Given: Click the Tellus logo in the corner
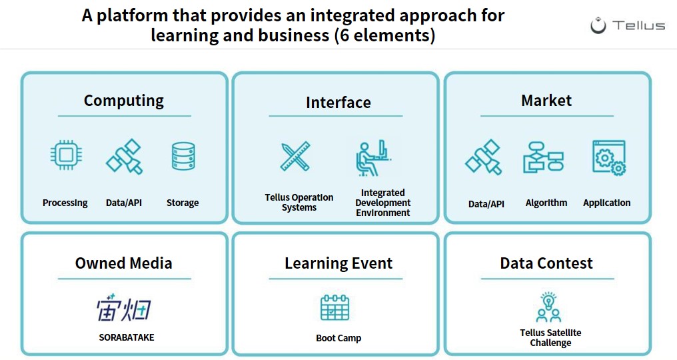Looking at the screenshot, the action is [627, 25].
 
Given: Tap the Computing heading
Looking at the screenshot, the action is [124, 101].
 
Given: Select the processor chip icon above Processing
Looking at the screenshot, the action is [66, 155].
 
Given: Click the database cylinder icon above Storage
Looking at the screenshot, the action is [183, 156].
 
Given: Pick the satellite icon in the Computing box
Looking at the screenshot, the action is [124, 156].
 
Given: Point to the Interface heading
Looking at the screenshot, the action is [338, 103].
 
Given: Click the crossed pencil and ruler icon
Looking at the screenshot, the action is [295, 156].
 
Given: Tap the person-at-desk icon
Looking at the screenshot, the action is [373, 158].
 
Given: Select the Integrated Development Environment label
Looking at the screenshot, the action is [382, 202].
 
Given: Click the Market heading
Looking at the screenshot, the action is [546, 100].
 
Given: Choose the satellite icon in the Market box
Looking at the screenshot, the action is [484, 157].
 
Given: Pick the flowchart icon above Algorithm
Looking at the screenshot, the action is [543, 157].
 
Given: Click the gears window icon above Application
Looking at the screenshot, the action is [609, 157].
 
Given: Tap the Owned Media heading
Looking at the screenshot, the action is [123, 263].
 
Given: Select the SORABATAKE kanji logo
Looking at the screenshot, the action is [123, 308].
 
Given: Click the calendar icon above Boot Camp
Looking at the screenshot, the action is [335, 307].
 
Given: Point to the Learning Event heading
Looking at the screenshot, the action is [338, 263].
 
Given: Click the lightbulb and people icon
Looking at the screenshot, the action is [548, 307].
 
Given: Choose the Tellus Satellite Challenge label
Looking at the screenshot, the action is [550, 337].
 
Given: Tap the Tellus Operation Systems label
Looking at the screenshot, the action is [299, 202].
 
